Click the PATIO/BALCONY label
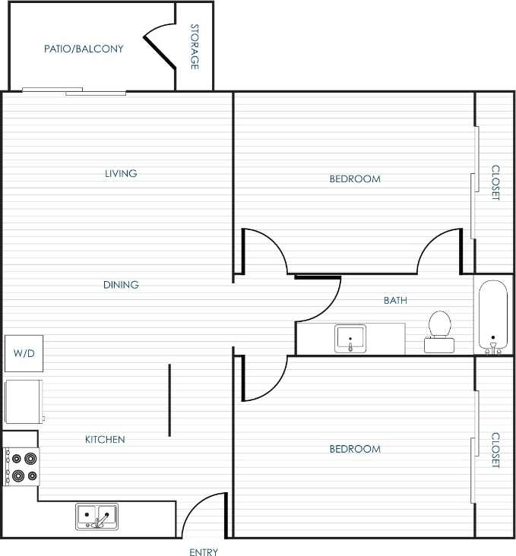(x=84, y=49)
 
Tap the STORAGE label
(x=195, y=47)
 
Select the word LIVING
(x=121, y=173)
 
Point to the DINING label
(x=121, y=285)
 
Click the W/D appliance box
(x=24, y=353)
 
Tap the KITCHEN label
(x=105, y=439)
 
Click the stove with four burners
(x=21, y=466)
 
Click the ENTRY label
(x=204, y=552)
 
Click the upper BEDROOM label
(x=355, y=179)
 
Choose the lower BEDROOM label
(x=355, y=449)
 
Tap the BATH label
(x=395, y=301)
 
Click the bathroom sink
(x=350, y=338)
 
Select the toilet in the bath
(x=439, y=331)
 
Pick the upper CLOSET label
(x=495, y=183)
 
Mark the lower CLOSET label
(x=495, y=450)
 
